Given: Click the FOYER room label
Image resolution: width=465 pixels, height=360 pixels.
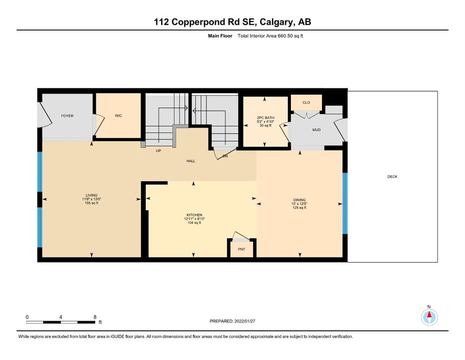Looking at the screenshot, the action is pyautogui.click(x=67, y=116).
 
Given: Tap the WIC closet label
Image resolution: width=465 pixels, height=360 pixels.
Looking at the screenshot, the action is pyautogui.click(x=118, y=115).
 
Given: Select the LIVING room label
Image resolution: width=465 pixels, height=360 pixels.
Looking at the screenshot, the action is pyautogui.click(x=92, y=195).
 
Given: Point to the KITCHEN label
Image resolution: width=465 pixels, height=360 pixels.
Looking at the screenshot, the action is pyautogui.click(x=194, y=215).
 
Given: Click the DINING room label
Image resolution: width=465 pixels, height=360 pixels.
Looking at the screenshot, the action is pyautogui.click(x=299, y=200).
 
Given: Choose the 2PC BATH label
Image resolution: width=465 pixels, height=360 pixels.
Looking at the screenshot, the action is pyautogui.click(x=266, y=118).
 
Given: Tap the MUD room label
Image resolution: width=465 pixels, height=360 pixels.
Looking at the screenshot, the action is pyautogui.click(x=317, y=130).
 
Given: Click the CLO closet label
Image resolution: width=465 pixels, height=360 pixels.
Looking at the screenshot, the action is pyautogui.click(x=306, y=102).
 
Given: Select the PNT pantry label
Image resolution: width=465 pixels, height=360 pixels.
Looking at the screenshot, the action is pyautogui.click(x=241, y=249).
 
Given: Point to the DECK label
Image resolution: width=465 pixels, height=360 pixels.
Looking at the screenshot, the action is pyautogui.click(x=392, y=177).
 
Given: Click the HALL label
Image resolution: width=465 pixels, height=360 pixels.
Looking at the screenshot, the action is pyautogui.click(x=191, y=161).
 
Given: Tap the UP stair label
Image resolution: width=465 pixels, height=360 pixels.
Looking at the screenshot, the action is pyautogui.click(x=158, y=151).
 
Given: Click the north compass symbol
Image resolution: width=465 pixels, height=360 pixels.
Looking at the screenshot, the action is pyautogui.click(x=429, y=317).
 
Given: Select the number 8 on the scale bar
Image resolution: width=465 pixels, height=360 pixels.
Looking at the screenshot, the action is pyautogui.click(x=95, y=317).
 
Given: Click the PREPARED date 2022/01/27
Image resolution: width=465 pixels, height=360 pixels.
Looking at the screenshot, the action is pyautogui.click(x=244, y=321).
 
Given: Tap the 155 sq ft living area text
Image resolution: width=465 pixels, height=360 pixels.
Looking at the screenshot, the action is pyautogui.click(x=92, y=203).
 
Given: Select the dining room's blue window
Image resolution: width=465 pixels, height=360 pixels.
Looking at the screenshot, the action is pyautogui.click(x=345, y=203).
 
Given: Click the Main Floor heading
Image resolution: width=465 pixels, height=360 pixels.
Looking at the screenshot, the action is pyautogui.click(x=220, y=36).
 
